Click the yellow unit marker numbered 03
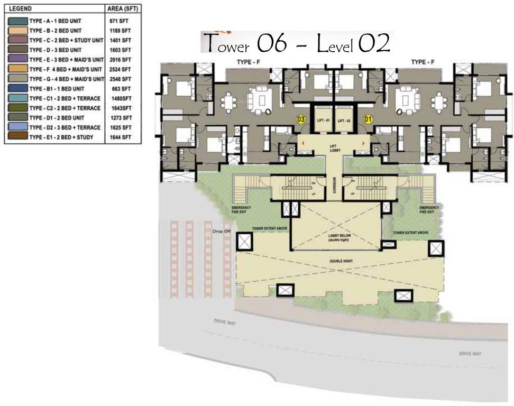click(301, 119)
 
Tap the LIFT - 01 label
click(324, 121)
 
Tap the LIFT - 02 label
click(345, 121)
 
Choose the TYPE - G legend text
click(67, 78)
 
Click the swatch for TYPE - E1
click(16, 137)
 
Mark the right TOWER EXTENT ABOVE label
click(410, 233)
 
